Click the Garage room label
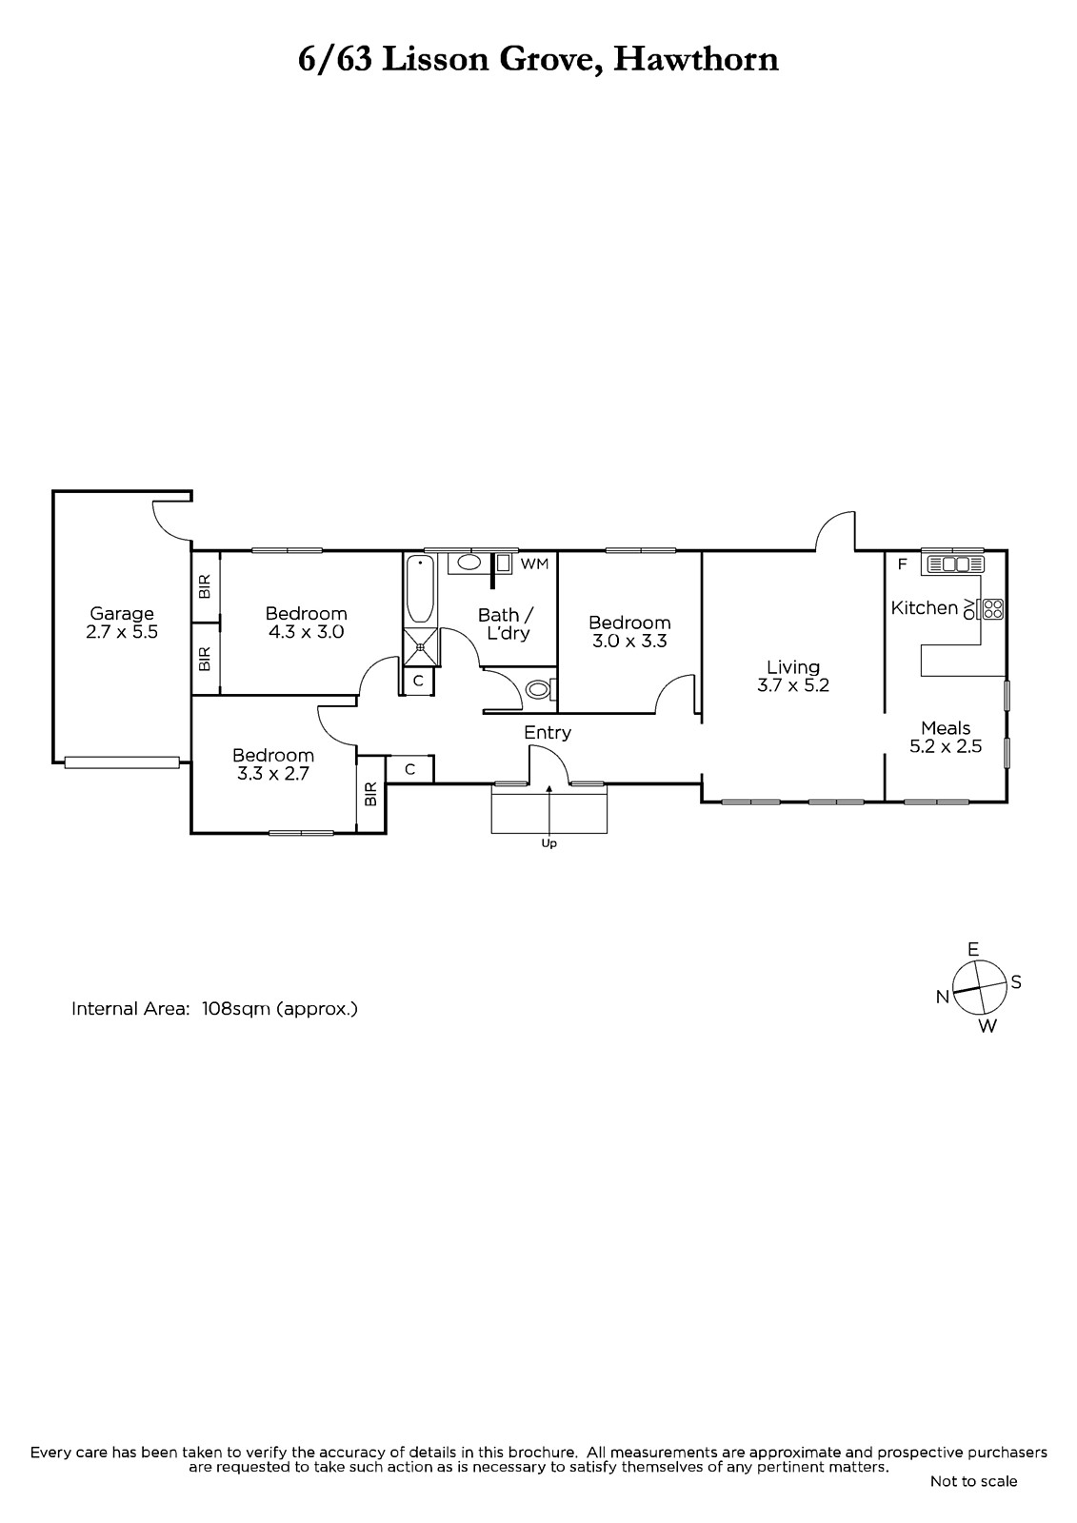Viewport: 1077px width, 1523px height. coord(122,614)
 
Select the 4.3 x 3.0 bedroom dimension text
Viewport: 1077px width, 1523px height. coord(307,632)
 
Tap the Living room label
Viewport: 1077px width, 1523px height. coord(793,667)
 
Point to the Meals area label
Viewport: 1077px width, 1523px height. coord(946,728)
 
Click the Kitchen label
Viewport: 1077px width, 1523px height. coord(925,608)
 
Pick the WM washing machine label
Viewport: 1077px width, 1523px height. coord(534,564)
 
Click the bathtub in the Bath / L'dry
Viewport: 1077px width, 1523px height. coord(420,589)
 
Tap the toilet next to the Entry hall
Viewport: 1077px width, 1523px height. coord(542,690)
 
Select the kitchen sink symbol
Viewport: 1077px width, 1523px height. coord(953,564)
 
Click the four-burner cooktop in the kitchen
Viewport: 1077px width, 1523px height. coord(992,608)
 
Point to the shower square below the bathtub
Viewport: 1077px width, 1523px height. coord(421,648)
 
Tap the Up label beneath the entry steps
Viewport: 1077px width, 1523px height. coord(548,843)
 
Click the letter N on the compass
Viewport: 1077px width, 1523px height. coord(943,997)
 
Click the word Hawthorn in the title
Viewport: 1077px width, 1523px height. coord(695,60)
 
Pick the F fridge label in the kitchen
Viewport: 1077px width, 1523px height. coord(902,564)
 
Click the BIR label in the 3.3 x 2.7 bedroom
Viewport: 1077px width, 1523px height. coord(370,794)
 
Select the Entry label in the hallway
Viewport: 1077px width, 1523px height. coord(548,733)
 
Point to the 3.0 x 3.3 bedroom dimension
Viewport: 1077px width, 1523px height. coord(629,642)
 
